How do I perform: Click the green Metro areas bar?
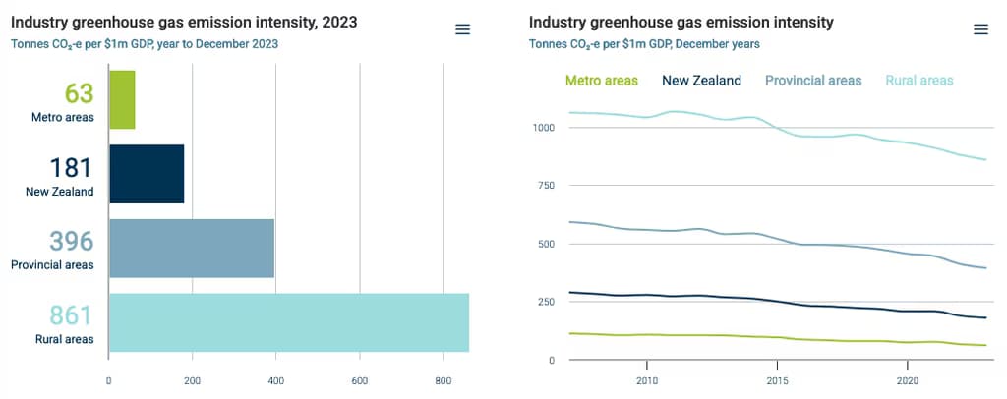click(x=122, y=99)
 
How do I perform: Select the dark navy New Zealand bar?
click(x=147, y=174)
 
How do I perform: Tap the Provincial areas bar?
click(x=192, y=248)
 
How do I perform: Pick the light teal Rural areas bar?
click(x=288, y=322)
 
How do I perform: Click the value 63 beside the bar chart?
click(x=79, y=93)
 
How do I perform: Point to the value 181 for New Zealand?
click(x=71, y=167)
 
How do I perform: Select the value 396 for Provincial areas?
click(x=71, y=241)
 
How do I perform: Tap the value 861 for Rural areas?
click(x=71, y=315)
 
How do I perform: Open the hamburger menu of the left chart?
click(x=463, y=29)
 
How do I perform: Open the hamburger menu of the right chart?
click(x=980, y=29)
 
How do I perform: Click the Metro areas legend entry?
click(x=602, y=81)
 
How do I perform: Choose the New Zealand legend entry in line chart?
click(x=701, y=81)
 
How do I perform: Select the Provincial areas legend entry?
click(x=813, y=81)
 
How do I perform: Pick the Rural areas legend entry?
click(x=918, y=81)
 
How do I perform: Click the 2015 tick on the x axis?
click(x=777, y=380)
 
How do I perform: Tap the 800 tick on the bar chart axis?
click(x=444, y=380)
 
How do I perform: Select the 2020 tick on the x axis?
click(x=908, y=380)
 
